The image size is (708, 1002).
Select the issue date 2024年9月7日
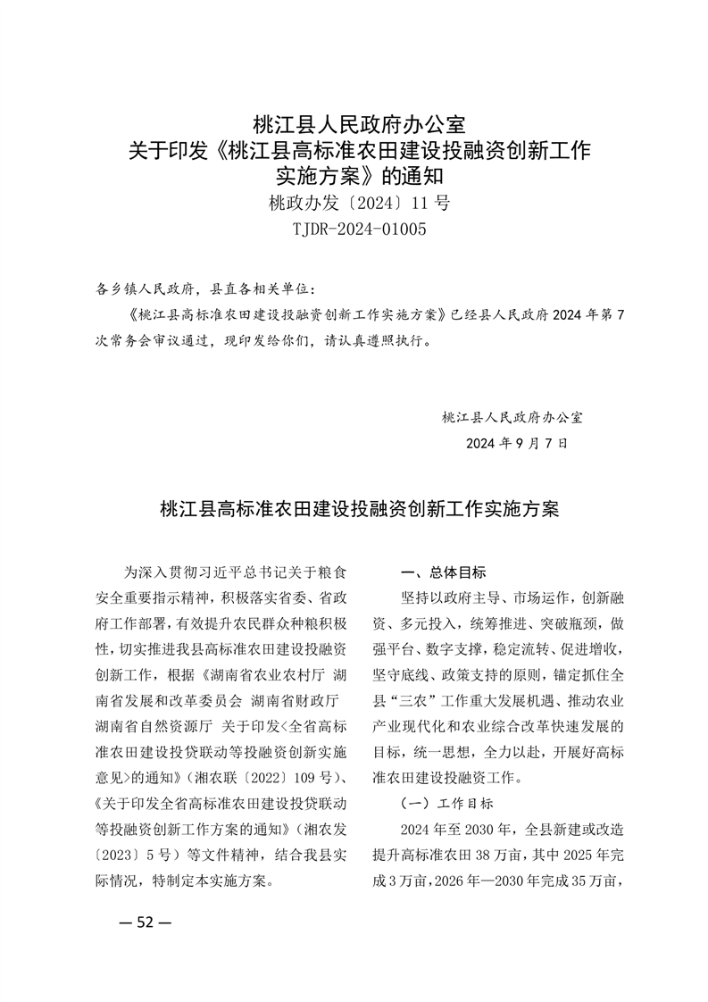(x=516, y=443)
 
